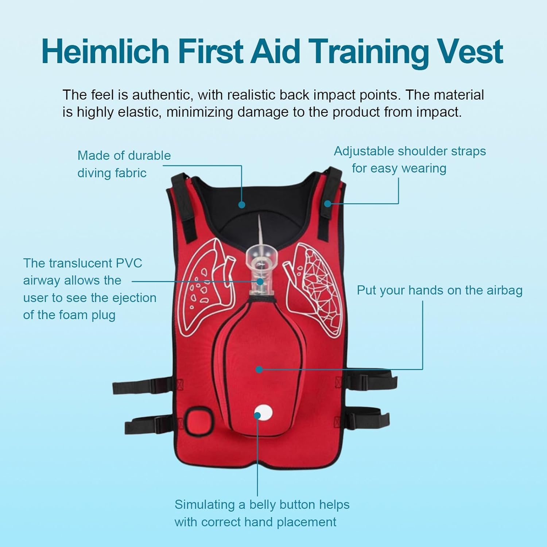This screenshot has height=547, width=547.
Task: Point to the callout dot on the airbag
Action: pos(259,369)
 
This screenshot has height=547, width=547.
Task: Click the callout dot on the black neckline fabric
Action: pos(241,205)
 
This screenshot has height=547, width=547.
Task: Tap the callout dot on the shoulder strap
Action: pos(327,203)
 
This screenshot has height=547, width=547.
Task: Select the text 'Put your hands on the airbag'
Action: pos(439,290)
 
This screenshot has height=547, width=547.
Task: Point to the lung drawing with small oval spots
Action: pos(202,288)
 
